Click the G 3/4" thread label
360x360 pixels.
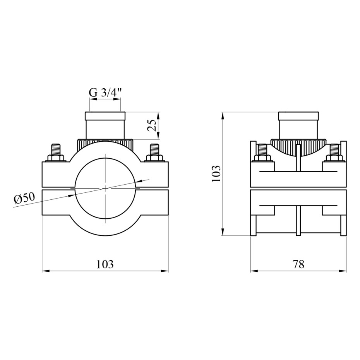[105, 93]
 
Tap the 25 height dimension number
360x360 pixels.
[152, 125]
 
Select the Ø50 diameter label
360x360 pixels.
[24, 198]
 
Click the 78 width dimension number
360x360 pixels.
[298, 264]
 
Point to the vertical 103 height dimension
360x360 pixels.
[216, 173]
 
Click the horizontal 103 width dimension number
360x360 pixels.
[105, 264]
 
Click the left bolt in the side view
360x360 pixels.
[263, 153]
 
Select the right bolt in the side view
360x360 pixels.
[334, 153]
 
